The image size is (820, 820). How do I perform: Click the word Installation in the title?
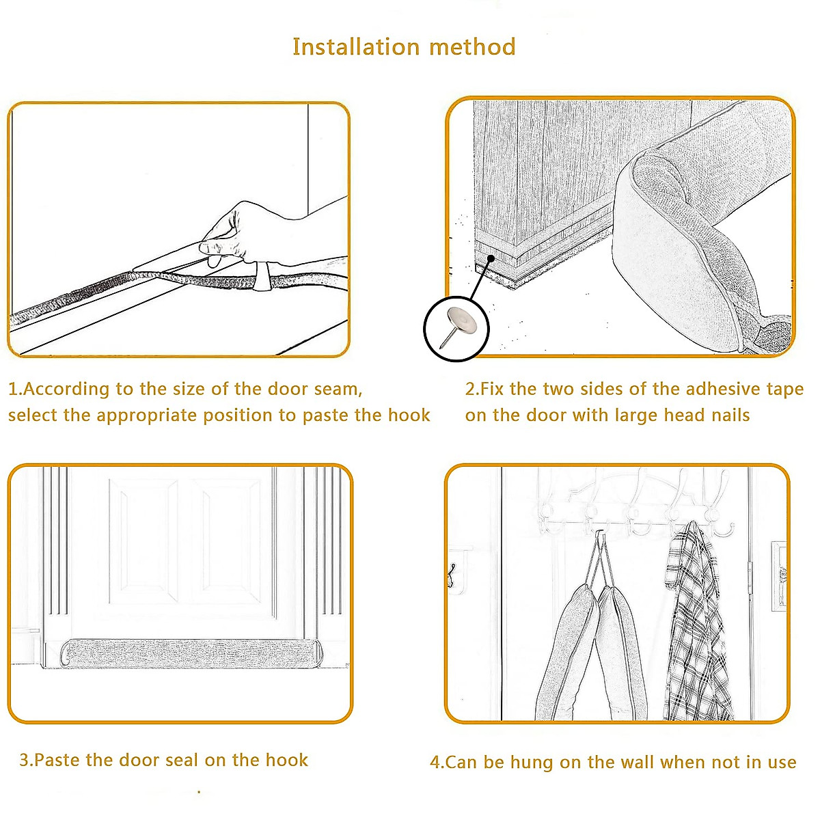pyautogui.click(x=356, y=46)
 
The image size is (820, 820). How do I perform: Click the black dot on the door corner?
pyautogui.click(x=491, y=258)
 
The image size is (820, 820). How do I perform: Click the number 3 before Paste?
pyautogui.click(x=25, y=760)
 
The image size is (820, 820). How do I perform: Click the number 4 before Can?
pyautogui.click(x=435, y=762)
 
